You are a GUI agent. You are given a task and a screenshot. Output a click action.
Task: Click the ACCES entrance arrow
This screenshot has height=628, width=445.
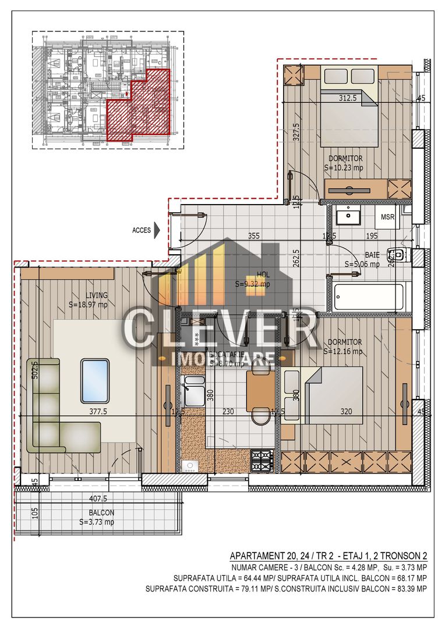click(156, 230)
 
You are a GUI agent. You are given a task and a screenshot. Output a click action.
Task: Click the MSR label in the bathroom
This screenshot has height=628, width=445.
click(388, 217)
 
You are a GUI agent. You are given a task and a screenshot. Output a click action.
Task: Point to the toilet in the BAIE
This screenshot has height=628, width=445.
click(401, 255)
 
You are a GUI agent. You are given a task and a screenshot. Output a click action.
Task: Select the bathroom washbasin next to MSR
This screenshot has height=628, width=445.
click(349, 216)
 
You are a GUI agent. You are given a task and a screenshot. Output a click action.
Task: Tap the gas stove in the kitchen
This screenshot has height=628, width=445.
click(262, 460)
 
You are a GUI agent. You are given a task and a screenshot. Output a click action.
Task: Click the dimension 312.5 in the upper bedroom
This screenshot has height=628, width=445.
click(348, 98)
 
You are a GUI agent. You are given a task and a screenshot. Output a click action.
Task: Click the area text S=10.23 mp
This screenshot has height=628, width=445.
click(344, 167)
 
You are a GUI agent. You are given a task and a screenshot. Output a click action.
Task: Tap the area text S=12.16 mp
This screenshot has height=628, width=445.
click(343, 351)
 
